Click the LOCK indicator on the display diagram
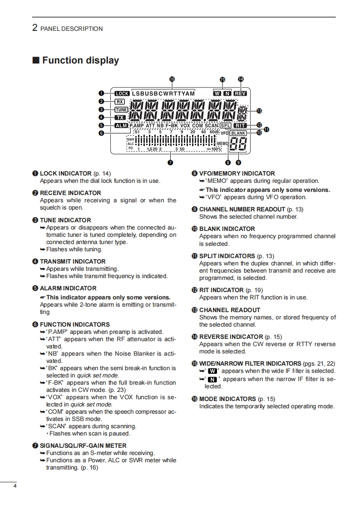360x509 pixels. [x=122, y=94]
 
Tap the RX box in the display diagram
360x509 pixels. [x=120, y=102]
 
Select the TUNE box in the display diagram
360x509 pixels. [x=121, y=109]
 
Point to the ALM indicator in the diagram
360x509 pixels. [x=121, y=126]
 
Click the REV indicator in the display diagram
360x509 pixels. [x=240, y=93]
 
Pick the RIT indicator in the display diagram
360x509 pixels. [x=240, y=125]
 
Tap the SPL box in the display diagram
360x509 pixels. [x=226, y=125]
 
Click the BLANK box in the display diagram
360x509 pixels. [x=238, y=133]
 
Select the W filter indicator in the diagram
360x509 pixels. [x=217, y=93]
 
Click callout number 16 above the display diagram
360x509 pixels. [x=172, y=79]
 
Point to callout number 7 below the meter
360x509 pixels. [x=170, y=162]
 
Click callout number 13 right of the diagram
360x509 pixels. [x=259, y=110]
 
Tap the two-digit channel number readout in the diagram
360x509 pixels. [x=238, y=145]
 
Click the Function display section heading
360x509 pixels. [x=80, y=60]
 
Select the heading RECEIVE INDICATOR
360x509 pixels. [x=70, y=193]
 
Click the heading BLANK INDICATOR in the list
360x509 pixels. [x=227, y=229]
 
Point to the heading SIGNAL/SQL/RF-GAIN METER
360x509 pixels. [x=83, y=445]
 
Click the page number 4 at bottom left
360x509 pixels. [x=15, y=487]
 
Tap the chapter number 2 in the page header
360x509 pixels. [x=35, y=28]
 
